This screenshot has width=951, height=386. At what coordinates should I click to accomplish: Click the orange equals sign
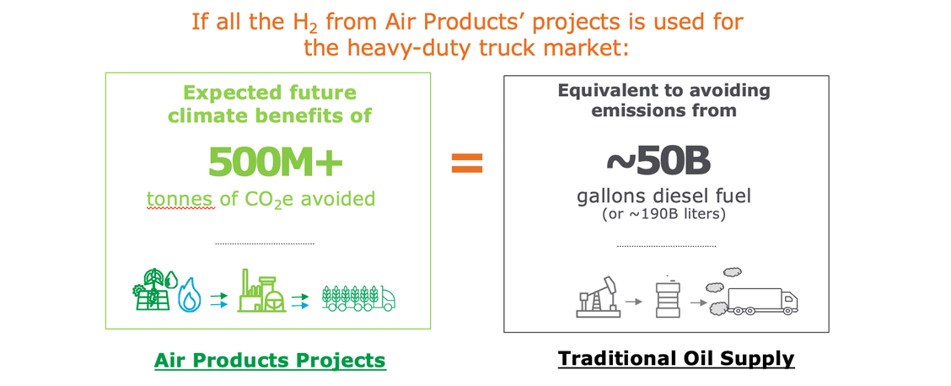467,163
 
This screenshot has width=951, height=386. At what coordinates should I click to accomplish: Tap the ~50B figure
658,160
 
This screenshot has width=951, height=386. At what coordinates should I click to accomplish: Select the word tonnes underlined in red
180,199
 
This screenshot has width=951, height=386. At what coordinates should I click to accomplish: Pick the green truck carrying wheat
358,298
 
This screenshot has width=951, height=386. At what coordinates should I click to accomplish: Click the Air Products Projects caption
270,360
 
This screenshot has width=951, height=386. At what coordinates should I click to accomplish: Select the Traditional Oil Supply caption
675,358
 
